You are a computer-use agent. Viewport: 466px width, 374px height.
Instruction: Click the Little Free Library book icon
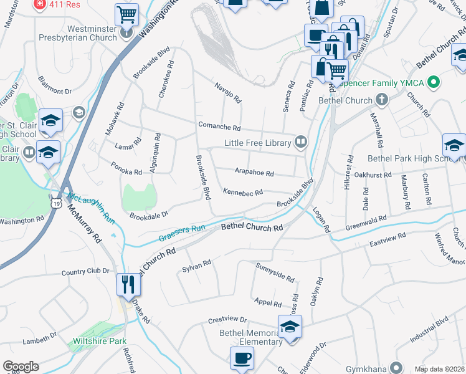point(301,143)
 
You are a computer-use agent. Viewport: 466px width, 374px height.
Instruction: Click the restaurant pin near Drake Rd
point(128,284)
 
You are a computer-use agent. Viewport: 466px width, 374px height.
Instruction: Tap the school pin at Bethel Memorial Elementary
point(289,327)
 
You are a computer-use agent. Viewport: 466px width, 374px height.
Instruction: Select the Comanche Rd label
point(219,126)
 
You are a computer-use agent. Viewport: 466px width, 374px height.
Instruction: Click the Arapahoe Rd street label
point(254,173)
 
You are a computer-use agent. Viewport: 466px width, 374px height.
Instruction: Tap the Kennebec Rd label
point(242,193)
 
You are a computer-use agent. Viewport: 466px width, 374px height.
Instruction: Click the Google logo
point(21,367)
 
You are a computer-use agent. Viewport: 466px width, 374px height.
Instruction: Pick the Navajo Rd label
point(227,93)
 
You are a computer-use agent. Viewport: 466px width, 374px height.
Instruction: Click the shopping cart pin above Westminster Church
point(126,13)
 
